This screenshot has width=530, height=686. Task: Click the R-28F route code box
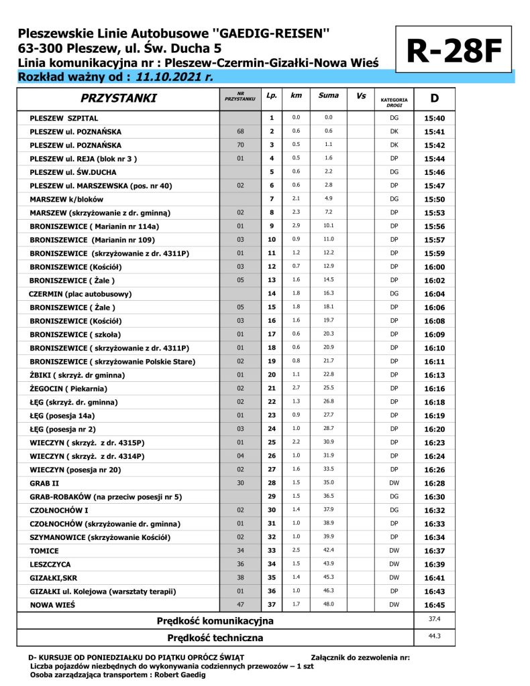455,50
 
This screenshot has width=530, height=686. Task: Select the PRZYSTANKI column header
118,98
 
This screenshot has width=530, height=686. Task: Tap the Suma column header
328,96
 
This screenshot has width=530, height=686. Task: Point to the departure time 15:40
435,118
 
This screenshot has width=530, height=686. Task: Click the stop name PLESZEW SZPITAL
64,118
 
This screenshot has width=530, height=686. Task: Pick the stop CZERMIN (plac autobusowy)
80,293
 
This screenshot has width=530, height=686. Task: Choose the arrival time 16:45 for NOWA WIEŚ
435,604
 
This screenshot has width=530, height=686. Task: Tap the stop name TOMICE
46,550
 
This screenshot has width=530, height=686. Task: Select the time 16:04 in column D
435,293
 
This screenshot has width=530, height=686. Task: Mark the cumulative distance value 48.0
328,604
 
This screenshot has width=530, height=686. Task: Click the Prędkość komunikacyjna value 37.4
435,620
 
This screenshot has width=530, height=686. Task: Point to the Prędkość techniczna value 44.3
435,636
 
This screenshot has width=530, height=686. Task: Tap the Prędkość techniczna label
215,638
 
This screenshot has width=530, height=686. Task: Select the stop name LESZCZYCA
50,564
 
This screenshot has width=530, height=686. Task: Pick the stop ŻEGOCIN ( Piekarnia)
68,388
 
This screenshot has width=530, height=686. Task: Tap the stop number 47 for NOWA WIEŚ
240,604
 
